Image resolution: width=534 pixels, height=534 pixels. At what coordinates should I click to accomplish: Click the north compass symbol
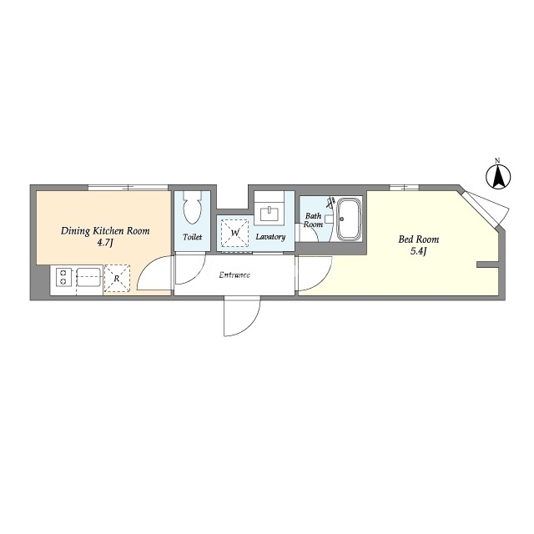pyautogui.click(x=498, y=175)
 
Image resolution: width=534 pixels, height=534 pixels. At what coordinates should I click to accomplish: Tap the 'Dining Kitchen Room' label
pyautogui.click(x=105, y=231)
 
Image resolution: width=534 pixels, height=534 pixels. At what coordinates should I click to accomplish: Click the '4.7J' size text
pyautogui.click(x=105, y=243)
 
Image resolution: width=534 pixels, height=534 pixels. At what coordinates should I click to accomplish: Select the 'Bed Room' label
pyautogui.click(x=419, y=239)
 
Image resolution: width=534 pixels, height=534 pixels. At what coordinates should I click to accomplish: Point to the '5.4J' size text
pyautogui.click(x=419, y=251)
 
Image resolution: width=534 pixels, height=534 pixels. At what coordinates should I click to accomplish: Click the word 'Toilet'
pyautogui.click(x=193, y=237)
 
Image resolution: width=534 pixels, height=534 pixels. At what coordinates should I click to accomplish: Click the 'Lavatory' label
pyautogui.click(x=270, y=237)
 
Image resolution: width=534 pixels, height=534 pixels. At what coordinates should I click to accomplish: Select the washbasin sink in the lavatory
pyautogui.click(x=270, y=214)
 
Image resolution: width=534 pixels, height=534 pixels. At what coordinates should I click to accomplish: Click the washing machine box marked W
pyautogui.click(x=235, y=233)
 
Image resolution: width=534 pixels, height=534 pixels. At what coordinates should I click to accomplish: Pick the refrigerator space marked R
pyautogui.click(x=117, y=278)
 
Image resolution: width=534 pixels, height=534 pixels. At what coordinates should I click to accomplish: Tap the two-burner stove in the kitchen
pyautogui.click(x=63, y=277)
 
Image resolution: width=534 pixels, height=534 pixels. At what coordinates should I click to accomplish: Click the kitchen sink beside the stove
pyautogui.click(x=88, y=277)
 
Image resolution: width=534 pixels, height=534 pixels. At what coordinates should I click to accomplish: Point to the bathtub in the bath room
pyautogui.click(x=349, y=219)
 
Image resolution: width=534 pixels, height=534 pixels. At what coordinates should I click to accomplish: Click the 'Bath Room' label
pyautogui.click(x=314, y=220)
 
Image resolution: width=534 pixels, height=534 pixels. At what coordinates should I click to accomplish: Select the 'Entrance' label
pyautogui.click(x=234, y=275)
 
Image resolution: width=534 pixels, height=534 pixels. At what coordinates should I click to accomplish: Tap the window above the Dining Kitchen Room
pyautogui.click(x=128, y=187)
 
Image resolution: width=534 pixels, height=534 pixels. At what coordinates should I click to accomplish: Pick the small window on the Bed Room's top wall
pyautogui.click(x=404, y=187)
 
